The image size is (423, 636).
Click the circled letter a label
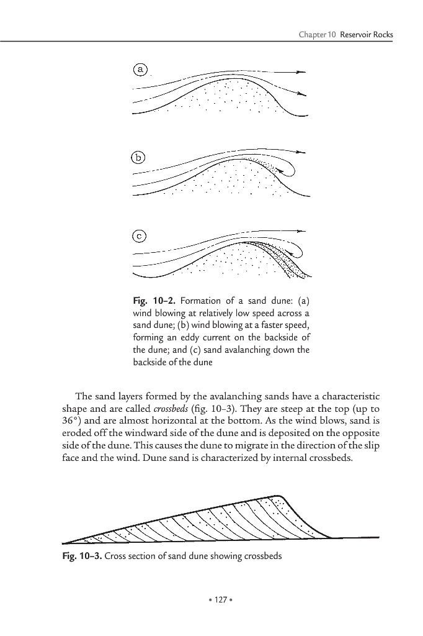tap(141, 70)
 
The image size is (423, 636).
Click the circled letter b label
tap(140, 158)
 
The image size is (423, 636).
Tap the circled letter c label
tap(141, 236)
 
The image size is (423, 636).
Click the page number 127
tap(211, 600)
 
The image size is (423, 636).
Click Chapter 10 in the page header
tap(318, 34)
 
